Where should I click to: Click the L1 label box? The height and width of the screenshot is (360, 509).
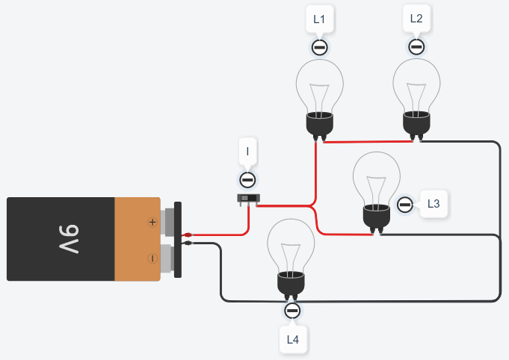pyautogui.click(x=319, y=19)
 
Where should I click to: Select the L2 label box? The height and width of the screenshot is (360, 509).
pyautogui.click(x=416, y=19)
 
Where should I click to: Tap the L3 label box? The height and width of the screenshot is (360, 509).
pyautogui.click(x=434, y=203)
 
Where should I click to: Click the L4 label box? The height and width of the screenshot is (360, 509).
pyautogui.click(x=293, y=340)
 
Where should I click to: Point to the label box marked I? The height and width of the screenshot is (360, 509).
pyautogui.click(x=247, y=152)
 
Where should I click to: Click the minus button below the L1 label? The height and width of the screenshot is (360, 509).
pyautogui.click(x=319, y=48)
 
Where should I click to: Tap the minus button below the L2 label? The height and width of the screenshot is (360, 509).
pyautogui.click(x=416, y=47)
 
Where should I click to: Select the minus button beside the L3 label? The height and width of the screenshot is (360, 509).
pyautogui.click(x=405, y=204)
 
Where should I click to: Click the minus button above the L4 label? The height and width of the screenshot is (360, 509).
pyautogui.click(x=292, y=311)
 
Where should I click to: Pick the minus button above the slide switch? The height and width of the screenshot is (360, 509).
pyautogui.click(x=247, y=180)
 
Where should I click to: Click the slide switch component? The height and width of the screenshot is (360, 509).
pyautogui.click(x=248, y=199)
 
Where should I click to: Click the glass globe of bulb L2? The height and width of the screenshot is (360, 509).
pyautogui.click(x=416, y=83)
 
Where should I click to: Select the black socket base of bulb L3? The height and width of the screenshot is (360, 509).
pyautogui.click(x=377, y=216)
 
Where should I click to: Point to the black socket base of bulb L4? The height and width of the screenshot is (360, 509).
pyautogui.click(x=292, y=283)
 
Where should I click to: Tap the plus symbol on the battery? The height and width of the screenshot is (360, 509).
pyautogui.click(x=152, y=222)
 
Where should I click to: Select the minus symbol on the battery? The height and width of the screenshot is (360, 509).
pyautogui.click(x=152, y=258)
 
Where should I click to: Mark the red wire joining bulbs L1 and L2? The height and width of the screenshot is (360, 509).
pyautogui.click(x=366, y=141)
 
